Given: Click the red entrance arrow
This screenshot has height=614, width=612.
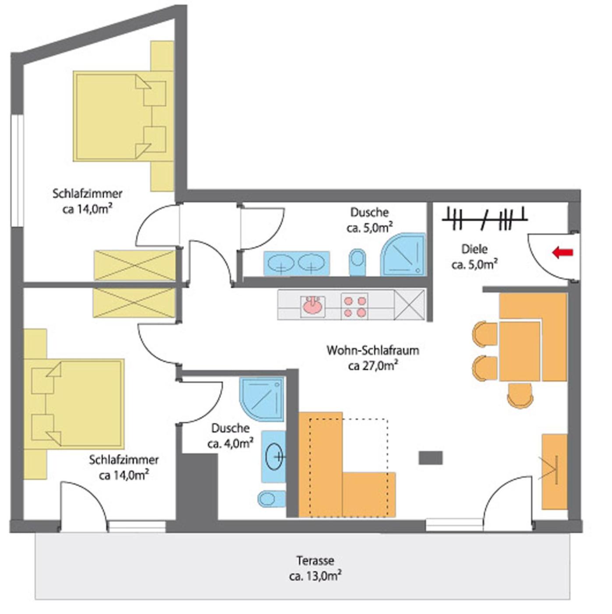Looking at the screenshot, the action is coord(562,253).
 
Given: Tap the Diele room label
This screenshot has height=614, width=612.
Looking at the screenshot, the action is coord(474,249).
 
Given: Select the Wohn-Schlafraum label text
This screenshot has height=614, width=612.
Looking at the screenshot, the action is coord(373,351).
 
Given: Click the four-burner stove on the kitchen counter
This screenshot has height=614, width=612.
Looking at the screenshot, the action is coord(354,306).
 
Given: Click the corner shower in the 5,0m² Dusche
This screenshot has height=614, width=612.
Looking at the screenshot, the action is coord(404,254).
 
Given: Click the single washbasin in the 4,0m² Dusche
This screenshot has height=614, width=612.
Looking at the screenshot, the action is coord(274,456).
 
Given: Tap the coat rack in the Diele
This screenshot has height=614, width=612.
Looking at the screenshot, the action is coord(485,218).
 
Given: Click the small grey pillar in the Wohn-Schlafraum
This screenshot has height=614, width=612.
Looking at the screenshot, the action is coord(431,458).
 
